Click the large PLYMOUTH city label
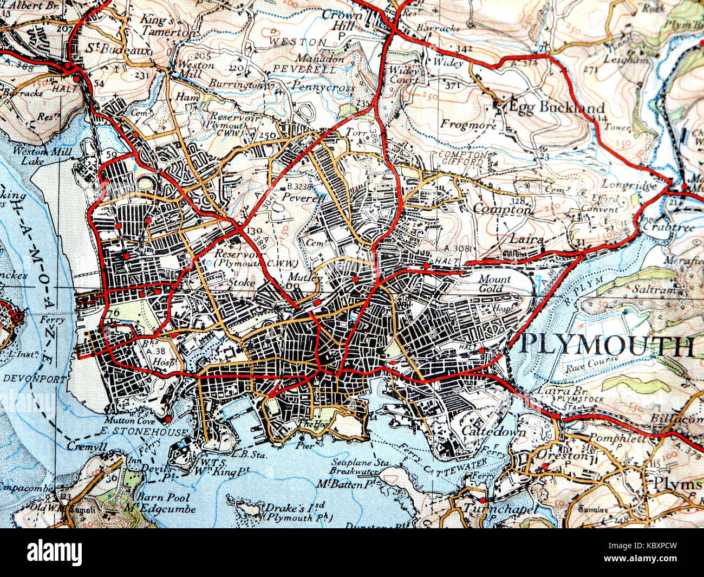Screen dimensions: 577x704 pos(607,346)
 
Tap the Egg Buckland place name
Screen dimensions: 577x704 pos(556,107)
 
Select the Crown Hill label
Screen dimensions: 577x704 pos(342,21)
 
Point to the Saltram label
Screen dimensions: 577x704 pos(659,290)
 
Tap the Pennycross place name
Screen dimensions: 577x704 pos(323,87)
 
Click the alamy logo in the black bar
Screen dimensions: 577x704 pos(55,553)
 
